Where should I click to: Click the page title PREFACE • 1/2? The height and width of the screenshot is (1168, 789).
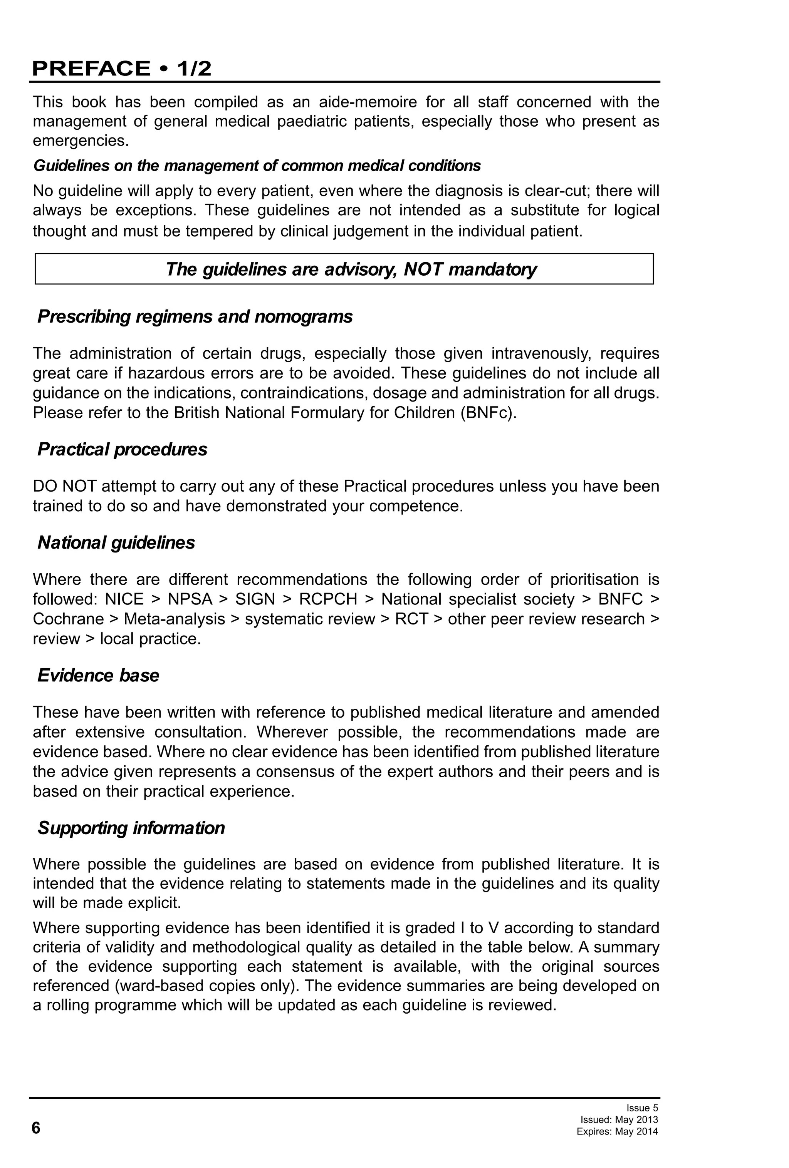pos(121,69)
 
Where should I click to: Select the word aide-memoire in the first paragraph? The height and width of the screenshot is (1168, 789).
pos(368,102)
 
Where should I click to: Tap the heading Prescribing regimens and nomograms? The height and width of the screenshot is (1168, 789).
pos(195,316)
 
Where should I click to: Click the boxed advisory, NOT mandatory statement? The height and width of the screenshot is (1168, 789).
pos(351,269)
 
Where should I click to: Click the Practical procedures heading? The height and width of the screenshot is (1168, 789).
pos(122,449)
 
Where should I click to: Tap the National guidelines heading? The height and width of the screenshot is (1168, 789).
pos(116,543)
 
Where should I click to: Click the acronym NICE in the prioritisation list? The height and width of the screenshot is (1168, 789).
pos(124,599)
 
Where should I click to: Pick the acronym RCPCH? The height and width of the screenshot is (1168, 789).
pos(328,599)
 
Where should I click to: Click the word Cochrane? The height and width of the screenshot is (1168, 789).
pos(68,619)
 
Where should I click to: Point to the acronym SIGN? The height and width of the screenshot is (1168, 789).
pos(255,599)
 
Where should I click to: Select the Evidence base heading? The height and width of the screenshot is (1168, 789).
pos(98,676)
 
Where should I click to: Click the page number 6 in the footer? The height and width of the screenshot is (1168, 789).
pos(36,1128)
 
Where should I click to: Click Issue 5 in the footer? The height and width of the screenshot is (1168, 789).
pos(642,1108)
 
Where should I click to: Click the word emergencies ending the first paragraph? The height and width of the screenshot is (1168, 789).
pos(81,141)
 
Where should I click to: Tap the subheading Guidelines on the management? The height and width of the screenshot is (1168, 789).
pos(257,166)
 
